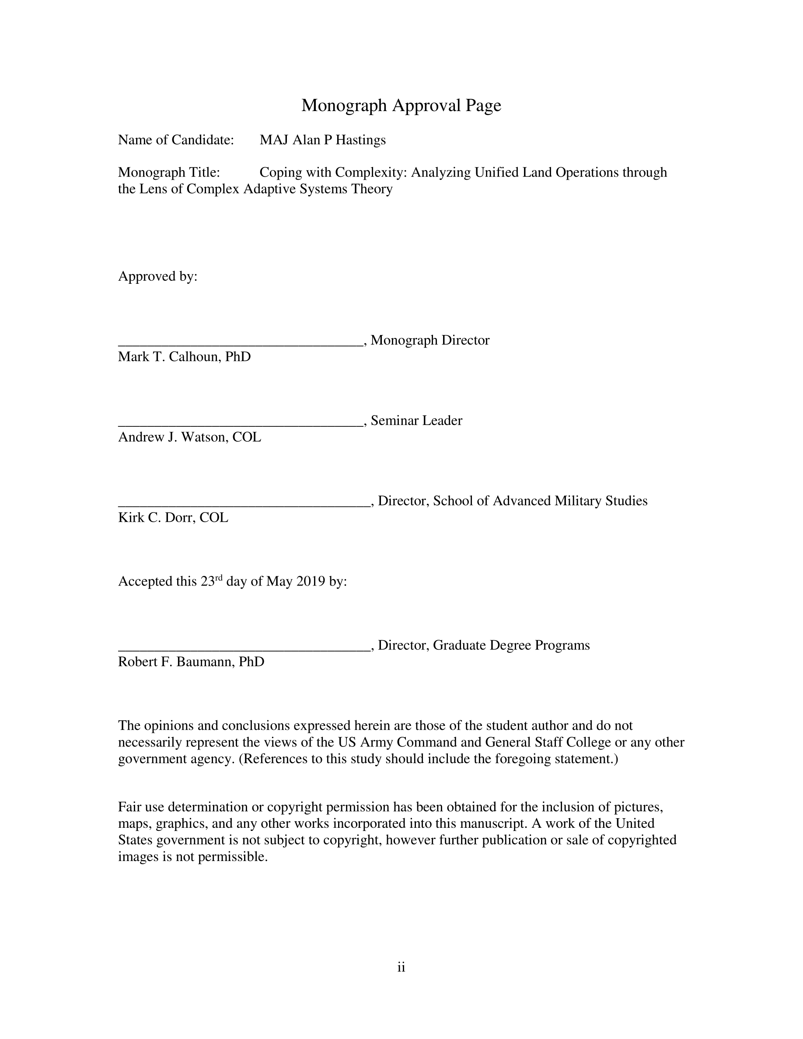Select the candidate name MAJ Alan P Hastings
[x=322, y=140]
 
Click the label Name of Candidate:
[x=176, y=140]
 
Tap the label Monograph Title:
[x=169, y=172]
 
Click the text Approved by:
[x=157, y=276]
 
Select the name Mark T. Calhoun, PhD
[x=184, y=356]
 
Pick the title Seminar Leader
[x=416, y=421]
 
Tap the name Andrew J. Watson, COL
[x=189, y=437]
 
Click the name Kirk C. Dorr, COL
[x=173, y=517]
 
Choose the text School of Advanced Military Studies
[x=540, y=501]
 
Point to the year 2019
[x=311, y=581]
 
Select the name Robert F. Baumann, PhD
[x=191, y=662]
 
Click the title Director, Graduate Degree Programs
[x=484, y=645]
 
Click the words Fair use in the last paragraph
[x=141, y=807]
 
